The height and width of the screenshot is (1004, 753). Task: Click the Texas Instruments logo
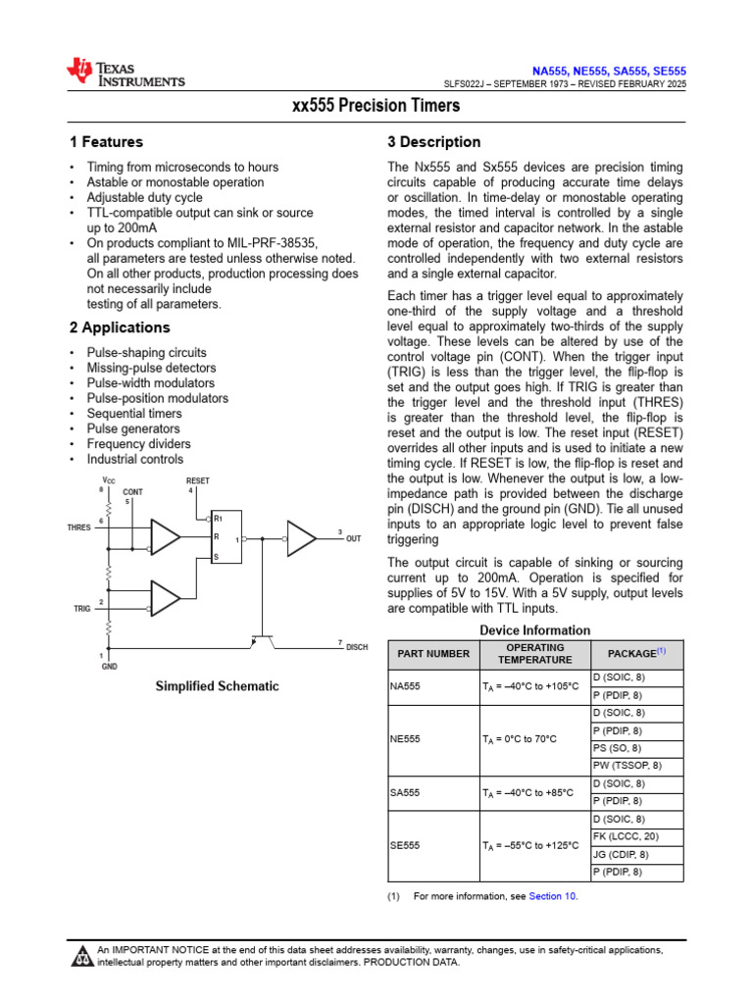(125, 72)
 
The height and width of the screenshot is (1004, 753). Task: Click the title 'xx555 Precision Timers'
(376, 106)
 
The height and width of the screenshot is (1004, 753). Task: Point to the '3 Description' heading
(434, 142)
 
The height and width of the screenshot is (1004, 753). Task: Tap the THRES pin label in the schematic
(78, 527)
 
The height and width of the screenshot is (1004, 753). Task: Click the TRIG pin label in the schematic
(82, 609)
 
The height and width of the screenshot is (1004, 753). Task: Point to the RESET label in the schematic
(198, 480)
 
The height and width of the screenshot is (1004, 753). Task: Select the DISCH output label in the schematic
(357, 647)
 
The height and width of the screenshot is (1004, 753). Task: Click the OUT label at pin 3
(354, 539)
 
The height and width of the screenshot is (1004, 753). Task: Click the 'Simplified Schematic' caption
(217, 686)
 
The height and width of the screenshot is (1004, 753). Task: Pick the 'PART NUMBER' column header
(432, 654)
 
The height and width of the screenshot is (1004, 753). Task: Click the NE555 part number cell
(405, 739)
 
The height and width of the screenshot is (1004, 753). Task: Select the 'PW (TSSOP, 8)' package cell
(627, 766)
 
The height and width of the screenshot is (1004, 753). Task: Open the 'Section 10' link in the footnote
(553, 896)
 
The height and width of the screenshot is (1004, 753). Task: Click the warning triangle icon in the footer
(81, 956)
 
